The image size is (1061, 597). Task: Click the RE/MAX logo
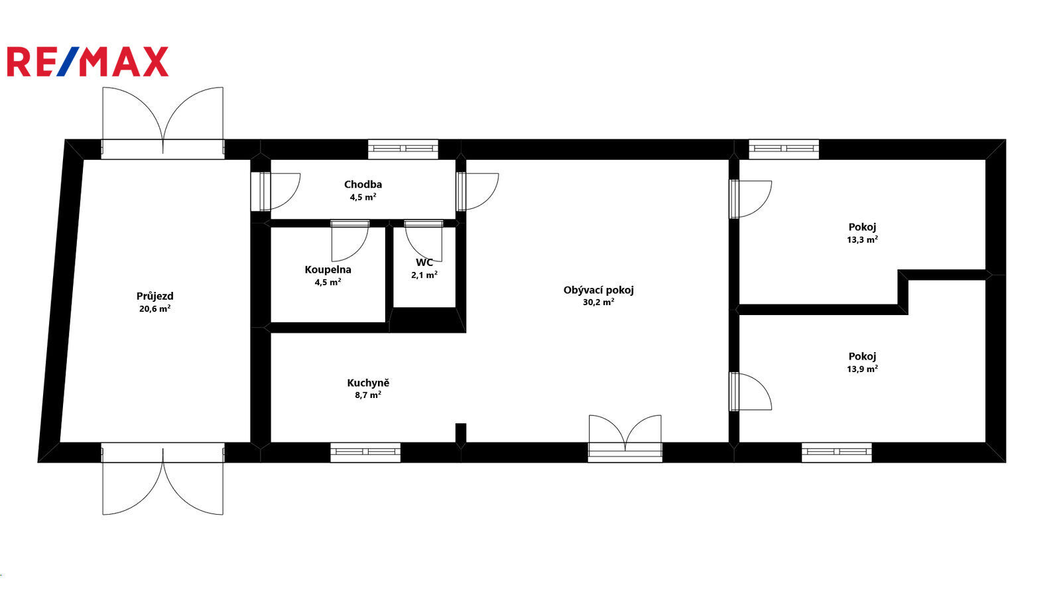point(88,62)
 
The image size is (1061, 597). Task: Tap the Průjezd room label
point(155,297)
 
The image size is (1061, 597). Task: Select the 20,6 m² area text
point(155,309)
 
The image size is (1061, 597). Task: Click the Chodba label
point(363,184)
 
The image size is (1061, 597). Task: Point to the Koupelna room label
point(328,269)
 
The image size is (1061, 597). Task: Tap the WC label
point(424,263)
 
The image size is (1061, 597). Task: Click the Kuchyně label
point(368,383)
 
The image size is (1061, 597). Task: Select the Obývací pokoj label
point(599,290)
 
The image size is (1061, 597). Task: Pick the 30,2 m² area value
point(599,302)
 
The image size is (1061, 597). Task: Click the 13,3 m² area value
point(862,239)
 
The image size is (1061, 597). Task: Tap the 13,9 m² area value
point(862,369)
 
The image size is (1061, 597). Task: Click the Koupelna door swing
point(350,241)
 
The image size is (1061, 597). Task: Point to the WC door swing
point(424,241)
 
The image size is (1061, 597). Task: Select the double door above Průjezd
point(163,122)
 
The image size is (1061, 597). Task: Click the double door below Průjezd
point(163,479)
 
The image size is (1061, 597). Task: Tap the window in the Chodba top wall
point(403,149)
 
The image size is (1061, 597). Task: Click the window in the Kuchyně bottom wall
point(365,452)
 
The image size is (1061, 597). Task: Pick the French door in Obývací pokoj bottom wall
point(625,438)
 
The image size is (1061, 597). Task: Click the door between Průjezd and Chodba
point(275,192)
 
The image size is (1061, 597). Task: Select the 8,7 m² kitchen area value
point(368,395)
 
